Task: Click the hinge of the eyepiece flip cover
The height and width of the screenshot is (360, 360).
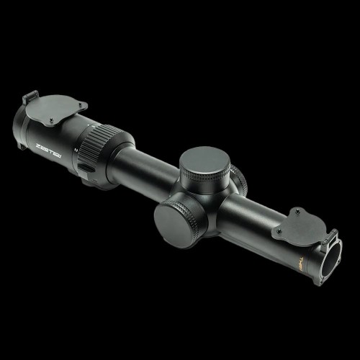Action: click(x=30, y=98)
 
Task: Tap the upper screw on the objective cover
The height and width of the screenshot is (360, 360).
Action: click(x=298, y=212)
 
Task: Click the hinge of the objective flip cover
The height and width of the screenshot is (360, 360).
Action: click(x=330, y=237)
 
